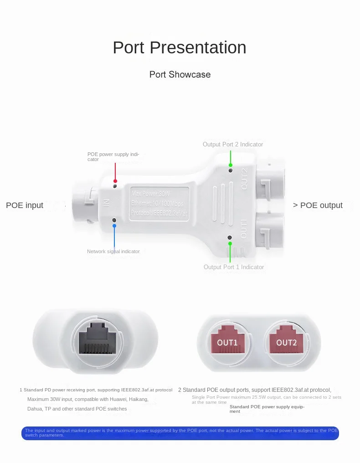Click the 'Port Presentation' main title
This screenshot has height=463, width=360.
180,47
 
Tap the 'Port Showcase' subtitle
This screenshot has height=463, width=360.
180,74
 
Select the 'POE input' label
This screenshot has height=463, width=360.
25,205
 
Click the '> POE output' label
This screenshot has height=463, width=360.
318,205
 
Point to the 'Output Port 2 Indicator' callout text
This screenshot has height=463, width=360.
233,144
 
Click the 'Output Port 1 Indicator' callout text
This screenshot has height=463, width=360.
234,267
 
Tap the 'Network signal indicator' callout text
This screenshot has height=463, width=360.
113,251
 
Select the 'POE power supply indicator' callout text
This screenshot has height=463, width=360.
113,156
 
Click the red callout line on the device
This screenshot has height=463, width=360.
115,172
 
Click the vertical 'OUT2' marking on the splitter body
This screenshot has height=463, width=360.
244,178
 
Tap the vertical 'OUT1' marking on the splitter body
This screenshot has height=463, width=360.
244,228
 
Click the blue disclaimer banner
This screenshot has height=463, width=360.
180,433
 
